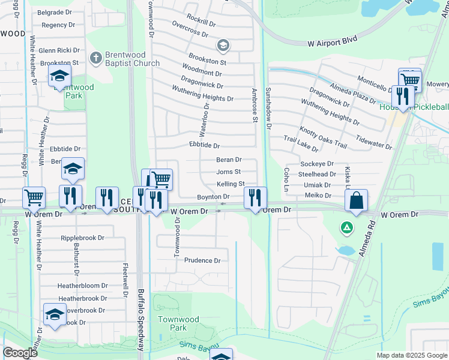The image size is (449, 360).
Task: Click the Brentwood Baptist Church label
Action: coord(133,59)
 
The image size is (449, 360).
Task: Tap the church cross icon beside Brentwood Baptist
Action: coord(95,58)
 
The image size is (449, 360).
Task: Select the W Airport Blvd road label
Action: coord(332,43)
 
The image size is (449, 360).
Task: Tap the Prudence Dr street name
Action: coord(202,260)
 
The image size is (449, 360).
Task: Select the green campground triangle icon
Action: coord(346,227)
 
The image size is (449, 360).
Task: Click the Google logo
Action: coord(20,353)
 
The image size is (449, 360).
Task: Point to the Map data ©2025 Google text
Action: coord(412,355)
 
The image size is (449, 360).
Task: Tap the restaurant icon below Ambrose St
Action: coord(255,197)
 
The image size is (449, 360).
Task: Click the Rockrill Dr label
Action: coord(201,23)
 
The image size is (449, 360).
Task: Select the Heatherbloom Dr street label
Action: coord(82,286)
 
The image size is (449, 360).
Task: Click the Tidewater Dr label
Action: coord(373,141)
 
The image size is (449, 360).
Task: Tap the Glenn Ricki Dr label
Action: coord(59,50)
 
